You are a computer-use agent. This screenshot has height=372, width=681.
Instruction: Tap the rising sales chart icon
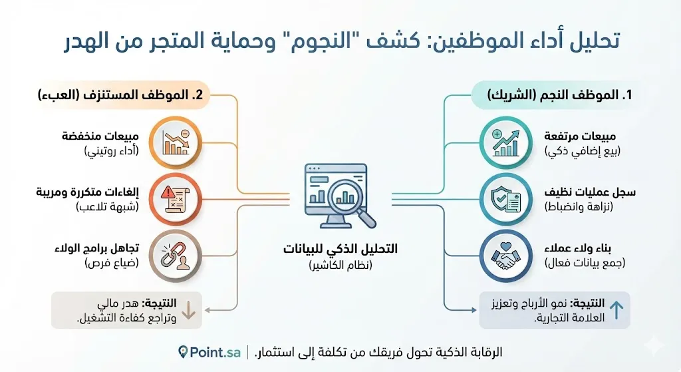tap(506, 143)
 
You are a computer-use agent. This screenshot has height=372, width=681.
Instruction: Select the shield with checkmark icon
tap(506, 200)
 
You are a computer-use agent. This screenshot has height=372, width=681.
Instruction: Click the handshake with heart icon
tap(506, 256)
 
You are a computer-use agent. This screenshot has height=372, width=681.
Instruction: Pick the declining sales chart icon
tap(176, 143)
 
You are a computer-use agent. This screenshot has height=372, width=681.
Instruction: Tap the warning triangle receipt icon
tap(176, 200)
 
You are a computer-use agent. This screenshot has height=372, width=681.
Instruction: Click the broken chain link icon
tap(176, 256)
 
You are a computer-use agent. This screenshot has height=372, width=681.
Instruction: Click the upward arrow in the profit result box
tap(616, 310)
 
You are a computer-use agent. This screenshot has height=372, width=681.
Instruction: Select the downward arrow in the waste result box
tap(188, 310)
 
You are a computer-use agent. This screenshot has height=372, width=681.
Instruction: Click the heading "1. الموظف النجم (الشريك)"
tap(559, 94)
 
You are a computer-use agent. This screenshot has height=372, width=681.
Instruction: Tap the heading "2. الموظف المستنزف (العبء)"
tap(121, 94)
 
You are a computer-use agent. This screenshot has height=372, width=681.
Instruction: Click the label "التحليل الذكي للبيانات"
tap(340, 249)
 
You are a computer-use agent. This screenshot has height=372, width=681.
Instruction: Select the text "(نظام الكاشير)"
tap(340, 265)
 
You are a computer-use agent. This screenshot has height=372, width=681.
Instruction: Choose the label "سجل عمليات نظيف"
tap(590, 192)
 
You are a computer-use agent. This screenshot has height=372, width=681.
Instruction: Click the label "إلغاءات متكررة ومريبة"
tap(87, 192)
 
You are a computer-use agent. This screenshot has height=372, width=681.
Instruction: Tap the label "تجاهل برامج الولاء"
tap(97, 249)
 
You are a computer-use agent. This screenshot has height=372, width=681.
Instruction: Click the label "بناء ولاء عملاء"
tap(578, 249)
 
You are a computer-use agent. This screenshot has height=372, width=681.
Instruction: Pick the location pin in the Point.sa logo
tap(183, 352)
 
